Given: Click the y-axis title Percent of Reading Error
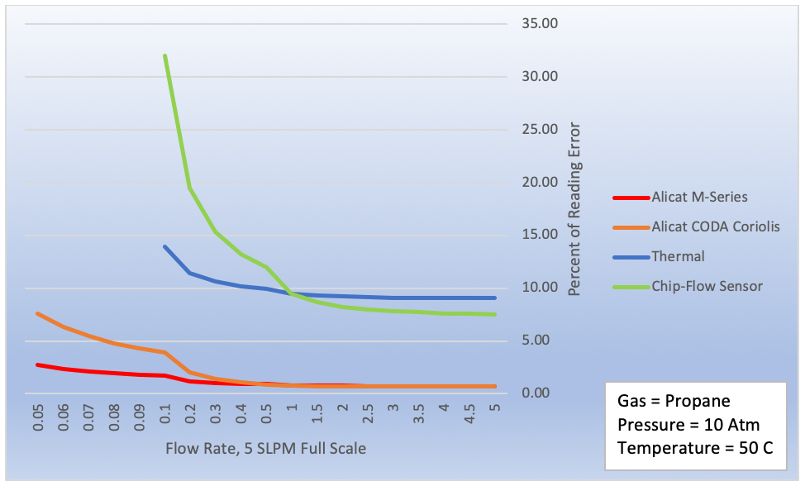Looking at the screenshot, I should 574,209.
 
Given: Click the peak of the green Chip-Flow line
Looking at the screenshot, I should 165,55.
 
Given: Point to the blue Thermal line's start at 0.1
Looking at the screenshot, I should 165,246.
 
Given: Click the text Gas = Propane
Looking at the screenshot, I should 674,401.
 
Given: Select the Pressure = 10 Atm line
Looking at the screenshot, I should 688,425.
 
